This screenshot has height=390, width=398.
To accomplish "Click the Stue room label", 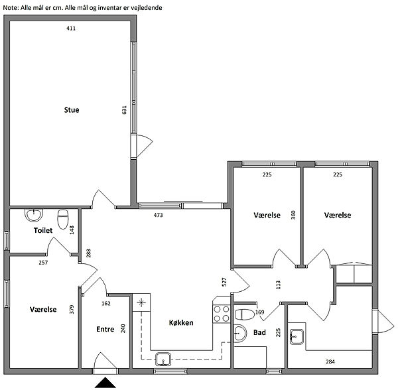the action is click(72, 110).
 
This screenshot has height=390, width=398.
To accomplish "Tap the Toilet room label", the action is click(43, 230).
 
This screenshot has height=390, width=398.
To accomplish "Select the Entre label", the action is click(105, 329).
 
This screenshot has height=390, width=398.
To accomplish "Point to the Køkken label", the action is click(181, 322).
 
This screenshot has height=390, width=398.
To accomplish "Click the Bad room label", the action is click(259, 332).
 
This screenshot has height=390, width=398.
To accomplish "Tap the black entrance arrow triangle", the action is click(105, 383).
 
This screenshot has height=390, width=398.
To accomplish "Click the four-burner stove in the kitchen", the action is click(222, 314).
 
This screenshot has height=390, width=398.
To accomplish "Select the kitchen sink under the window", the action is click(163, 359).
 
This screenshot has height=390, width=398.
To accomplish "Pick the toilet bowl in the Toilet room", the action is click(63, 220).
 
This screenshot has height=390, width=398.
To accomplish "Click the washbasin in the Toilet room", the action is click(34, 215).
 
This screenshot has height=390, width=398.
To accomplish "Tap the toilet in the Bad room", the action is click(244, 314).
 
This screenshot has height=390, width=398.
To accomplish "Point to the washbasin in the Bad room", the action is click(240, 334).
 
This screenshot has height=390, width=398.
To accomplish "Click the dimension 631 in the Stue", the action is click(125, 110).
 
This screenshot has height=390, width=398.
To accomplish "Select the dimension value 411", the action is click(71, 29).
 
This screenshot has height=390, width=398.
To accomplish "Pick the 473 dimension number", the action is click(158, 215).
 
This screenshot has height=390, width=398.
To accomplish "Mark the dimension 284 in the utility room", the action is click(330, 361).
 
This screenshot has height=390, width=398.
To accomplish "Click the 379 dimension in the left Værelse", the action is click(72, 309).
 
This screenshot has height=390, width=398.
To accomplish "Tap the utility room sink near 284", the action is click(297, 337).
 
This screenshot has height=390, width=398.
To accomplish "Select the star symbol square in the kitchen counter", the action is click(141, 302).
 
